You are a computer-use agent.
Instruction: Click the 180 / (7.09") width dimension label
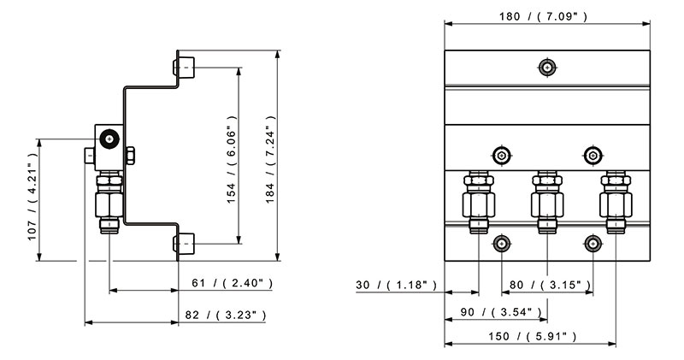pos(544,16)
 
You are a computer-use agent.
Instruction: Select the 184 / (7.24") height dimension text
pos(270,159)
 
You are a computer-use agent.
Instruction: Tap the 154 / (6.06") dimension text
pos(231,159)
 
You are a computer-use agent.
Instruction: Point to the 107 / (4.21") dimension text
pos(32,197)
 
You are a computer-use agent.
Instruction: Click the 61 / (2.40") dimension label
pos(233,283)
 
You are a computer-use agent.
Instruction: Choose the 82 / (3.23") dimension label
pos(226,315)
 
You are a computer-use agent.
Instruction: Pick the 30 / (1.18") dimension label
pos(396,285)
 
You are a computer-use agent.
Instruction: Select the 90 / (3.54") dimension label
pos(501,312)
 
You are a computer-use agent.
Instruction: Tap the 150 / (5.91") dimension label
pos(532,336)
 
